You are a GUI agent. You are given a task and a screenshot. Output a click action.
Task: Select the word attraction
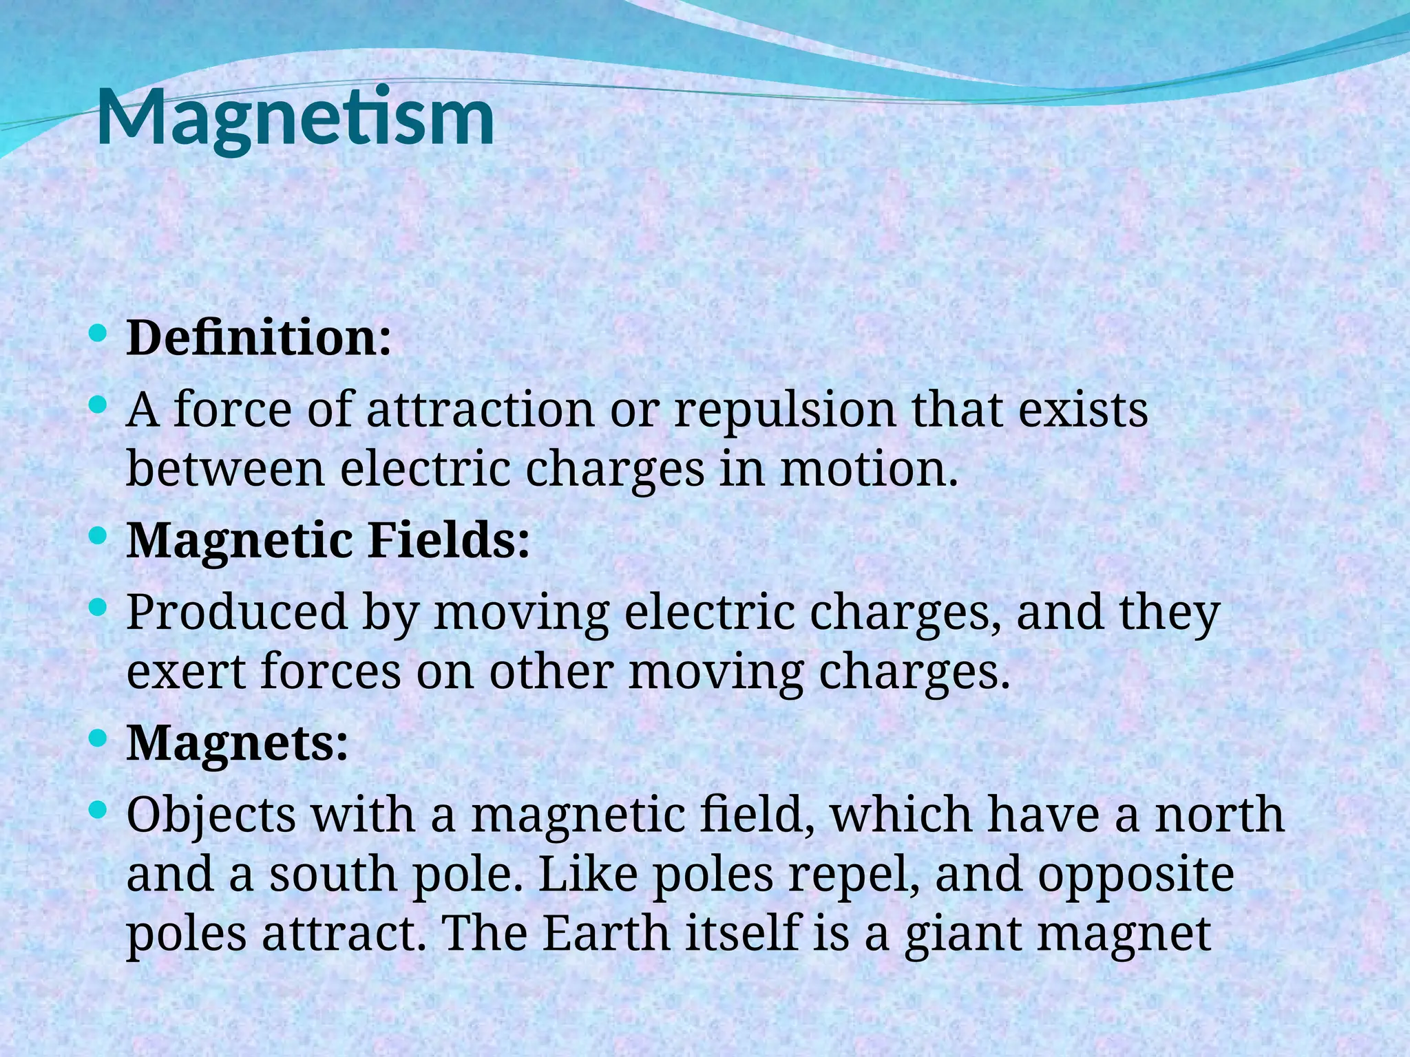coord(480,410)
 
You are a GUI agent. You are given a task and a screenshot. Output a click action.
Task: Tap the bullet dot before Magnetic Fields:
coord(98,535)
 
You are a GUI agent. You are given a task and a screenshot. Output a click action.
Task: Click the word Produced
coord(237,612)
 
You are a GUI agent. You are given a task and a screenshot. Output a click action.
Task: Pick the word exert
coord(186,672)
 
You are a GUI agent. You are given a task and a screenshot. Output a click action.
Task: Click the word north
coord(1219,815)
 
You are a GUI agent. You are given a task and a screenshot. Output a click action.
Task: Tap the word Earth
coord(606,934)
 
